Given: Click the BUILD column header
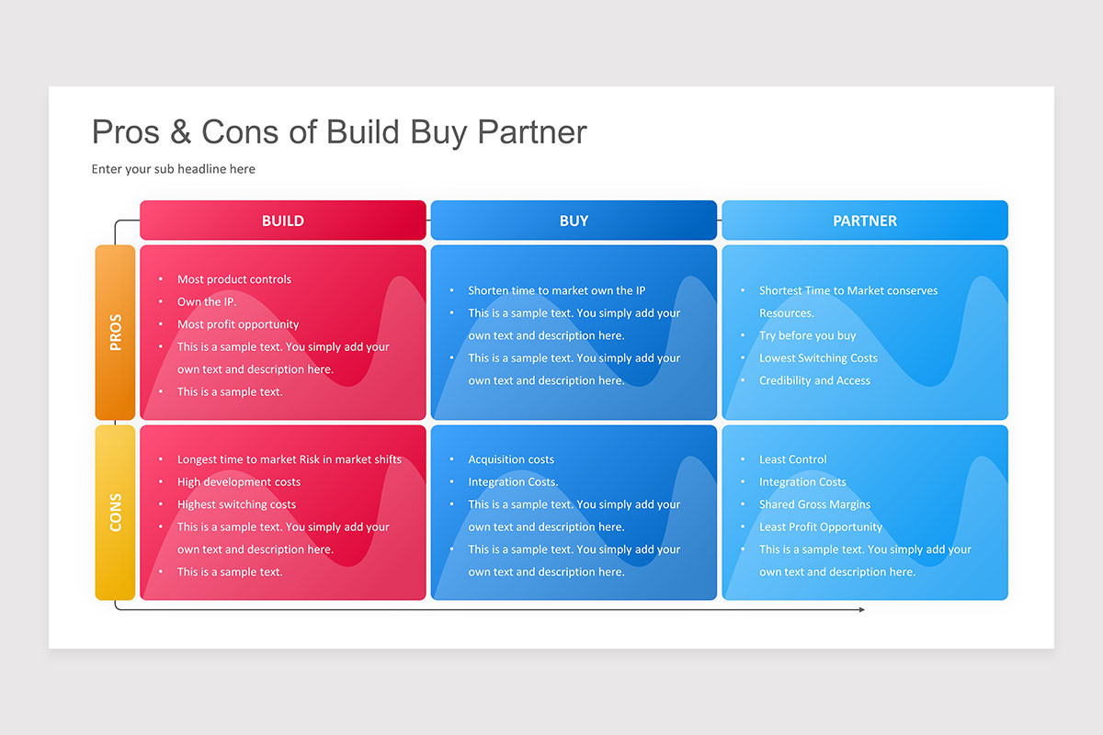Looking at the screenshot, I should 282,220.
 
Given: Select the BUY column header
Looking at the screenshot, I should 574,220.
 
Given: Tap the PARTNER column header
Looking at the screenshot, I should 864,220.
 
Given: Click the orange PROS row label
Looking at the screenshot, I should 115,333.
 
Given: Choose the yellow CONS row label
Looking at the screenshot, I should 115,513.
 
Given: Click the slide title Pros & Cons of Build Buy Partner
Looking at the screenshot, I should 339,132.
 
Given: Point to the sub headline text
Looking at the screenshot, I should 173,169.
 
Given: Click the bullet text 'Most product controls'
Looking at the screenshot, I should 233,279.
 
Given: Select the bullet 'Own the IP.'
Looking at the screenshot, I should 206,301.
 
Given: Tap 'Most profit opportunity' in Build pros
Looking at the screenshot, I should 238,324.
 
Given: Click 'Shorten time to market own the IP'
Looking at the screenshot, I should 556,290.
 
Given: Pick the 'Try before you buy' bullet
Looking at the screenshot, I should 807,335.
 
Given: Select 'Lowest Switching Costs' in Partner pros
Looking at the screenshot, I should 818,358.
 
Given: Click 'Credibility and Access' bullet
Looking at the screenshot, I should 814,380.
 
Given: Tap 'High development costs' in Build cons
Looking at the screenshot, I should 239,481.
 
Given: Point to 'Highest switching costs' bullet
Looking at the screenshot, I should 236,504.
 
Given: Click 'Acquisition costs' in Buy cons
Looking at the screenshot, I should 511,459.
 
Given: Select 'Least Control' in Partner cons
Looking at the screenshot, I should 792,459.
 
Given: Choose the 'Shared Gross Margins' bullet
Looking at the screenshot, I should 814,504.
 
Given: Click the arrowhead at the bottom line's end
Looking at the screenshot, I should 861,609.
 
